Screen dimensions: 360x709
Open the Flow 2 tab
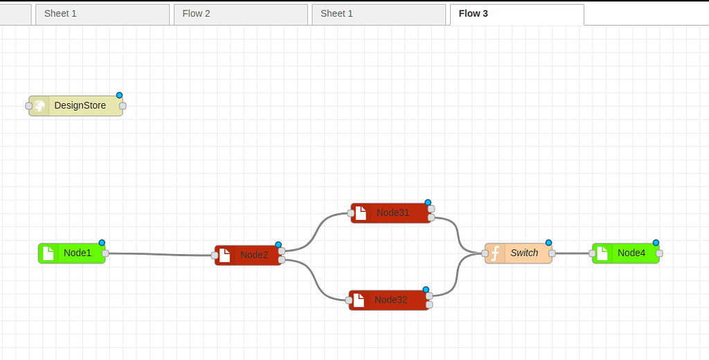pos(197,14)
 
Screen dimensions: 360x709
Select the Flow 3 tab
pos(474,14)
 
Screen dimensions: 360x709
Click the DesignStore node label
pos(80,106)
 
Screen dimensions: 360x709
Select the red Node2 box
pos(254,255)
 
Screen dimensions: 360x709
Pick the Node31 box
pos(393,213)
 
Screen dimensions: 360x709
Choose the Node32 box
pos(391,300)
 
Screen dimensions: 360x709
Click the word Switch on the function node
pos(524,253)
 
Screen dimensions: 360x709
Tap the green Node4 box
pos(631,253)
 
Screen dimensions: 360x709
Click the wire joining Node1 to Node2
pos(159,254)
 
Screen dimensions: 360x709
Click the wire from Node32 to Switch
pos(458,277)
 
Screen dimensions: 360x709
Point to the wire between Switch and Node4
pos(572,253)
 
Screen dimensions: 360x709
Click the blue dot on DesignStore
pos(119,96)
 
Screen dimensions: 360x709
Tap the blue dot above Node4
pos(656,243)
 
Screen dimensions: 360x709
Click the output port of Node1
pos(105,253)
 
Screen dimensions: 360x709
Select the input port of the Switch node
pos(485,254)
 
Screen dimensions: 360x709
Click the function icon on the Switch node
pos(495,253)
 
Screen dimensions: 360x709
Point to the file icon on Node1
pos(48,253)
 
